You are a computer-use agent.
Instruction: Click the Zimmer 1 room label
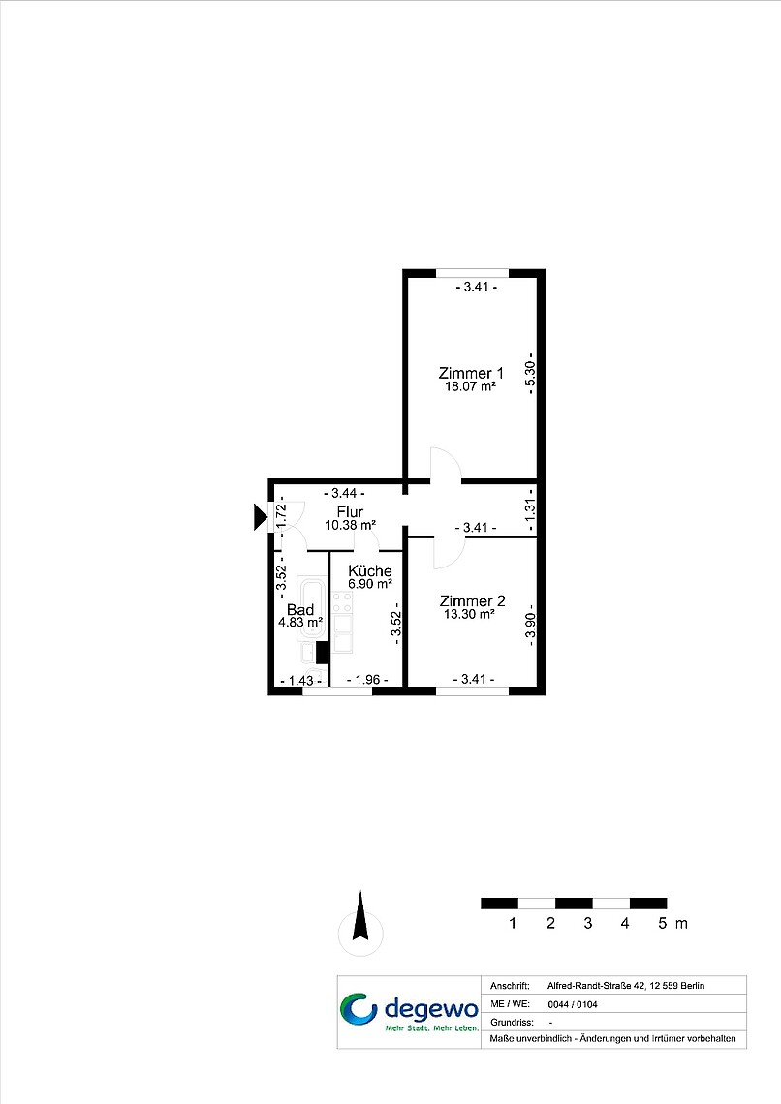pyautogui.click(x=470, y=373)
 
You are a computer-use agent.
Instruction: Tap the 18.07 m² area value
pyautogui.click(x=470, y=386)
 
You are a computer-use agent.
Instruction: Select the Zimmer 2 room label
pyautogui.click(x=472, y=600)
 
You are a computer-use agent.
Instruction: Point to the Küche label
pyautogui.click(x=370, y=571)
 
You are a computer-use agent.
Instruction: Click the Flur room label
pyautogui.click(x=350, y=512)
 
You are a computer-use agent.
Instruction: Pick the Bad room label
pyautogui.click(x=300, y=610)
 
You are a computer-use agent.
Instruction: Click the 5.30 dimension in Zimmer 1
pyautogui.click(x=530, y=373)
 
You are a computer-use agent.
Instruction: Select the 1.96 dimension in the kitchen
pyautogui.click(x=367, y=680)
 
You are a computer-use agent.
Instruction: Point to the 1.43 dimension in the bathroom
pyautogui.click(x=300, y=681)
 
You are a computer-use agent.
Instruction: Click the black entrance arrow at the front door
pyautogui.click(x=260, y=517)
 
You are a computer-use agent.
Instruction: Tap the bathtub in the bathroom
pyautogui.click(x=312, y=608)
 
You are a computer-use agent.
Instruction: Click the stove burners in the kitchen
pyautogui.click(x=342, y=602)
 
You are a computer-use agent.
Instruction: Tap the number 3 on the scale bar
pyautogui.click(x=587, y=923)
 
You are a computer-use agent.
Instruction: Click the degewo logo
pyautogui.click(x=409, y=1012)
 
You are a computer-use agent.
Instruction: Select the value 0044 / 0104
pyautogui.click(x=573, y=1004)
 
